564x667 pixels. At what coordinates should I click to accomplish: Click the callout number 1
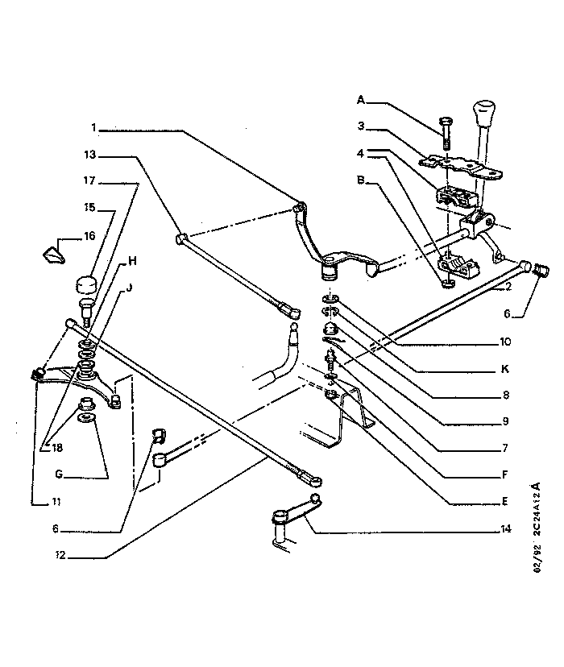tap(93, 127)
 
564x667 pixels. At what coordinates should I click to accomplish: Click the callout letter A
tap(361, 100)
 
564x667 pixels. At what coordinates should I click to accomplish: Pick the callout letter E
tap(505, 501)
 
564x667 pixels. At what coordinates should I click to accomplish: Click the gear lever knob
tap(483, 112)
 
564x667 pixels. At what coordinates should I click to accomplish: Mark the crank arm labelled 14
tap(298, 512)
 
